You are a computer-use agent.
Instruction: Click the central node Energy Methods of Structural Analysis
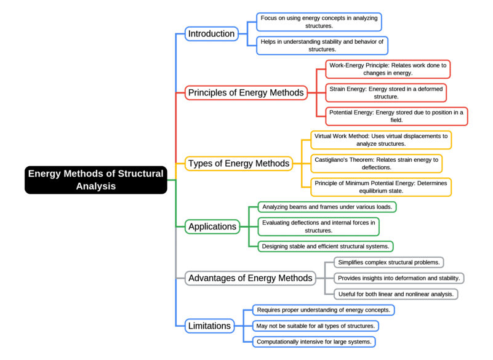(96, 180)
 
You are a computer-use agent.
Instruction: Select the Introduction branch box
(211, 34)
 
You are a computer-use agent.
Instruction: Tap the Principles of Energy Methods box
(246, 93)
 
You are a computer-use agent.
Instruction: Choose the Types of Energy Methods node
(238, 164)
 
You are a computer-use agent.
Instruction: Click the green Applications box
(212, 226)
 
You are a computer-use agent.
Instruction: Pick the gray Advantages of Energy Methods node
(250, 278)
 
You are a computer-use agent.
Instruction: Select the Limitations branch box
(209, 326)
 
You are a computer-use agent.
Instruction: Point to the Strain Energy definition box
(386, 93)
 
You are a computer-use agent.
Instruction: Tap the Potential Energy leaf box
(396, 116)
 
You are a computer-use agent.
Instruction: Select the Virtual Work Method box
(380, 140)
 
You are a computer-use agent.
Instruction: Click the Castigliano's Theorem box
(375, 163)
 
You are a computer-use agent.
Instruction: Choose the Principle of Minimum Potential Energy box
(380, 187)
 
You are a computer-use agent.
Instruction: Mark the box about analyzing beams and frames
(327, 207)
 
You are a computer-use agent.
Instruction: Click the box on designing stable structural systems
(325, 246)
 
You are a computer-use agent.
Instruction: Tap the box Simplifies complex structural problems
(388, 263)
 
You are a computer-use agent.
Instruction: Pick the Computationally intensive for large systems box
(314, 342)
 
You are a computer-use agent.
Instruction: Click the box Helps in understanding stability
(322, 46)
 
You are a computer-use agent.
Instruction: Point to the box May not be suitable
(315, 326)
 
